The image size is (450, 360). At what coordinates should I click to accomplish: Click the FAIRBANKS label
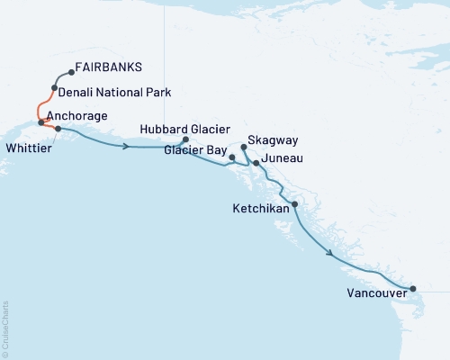pyautogui.click(x=109, y=67)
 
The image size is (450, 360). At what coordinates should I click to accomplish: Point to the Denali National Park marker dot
pyautogui.click(x=56, y=88)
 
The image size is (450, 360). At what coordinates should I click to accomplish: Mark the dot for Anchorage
pyautogui.click(x=41, y=121)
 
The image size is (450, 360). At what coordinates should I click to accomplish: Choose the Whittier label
pyautogui.click(x=27, y=143)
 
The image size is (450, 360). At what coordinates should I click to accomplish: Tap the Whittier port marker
pyautogui.click(x=58, y=129)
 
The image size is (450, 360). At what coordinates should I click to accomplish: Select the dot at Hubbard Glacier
pyautogui.click(x=185, y=139)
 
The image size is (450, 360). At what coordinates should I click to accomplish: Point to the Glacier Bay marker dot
pyautogui.click(x=232, y=157)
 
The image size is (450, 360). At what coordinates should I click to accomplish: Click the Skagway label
pyautogui.click(x=275, y=142)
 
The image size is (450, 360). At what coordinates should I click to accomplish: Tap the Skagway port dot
pyautogui.click(x=244, y=146)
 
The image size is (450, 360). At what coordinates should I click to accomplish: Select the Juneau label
pyautogui.click(x=281, y=159)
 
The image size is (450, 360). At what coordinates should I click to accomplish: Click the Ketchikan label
pyautogui.click(x=261, y=208)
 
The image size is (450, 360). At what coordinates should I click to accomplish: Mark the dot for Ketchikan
pyautogui.click(x=294, y=204)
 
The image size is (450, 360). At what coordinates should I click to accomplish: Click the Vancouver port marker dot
pyautogui.click(x=413, y=289)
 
